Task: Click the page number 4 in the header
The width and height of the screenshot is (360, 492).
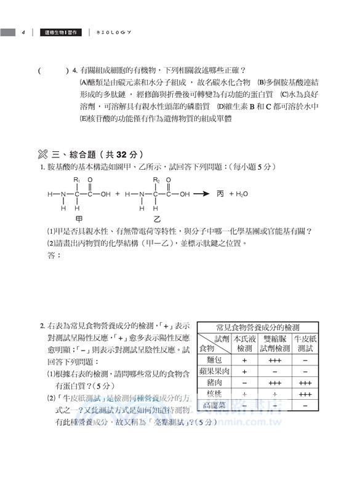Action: [22, 32]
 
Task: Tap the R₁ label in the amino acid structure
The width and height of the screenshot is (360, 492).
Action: [77, 180]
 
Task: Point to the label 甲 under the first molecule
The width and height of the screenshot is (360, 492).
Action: [78, 219]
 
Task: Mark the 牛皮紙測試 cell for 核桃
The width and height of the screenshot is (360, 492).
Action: [305, 394]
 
